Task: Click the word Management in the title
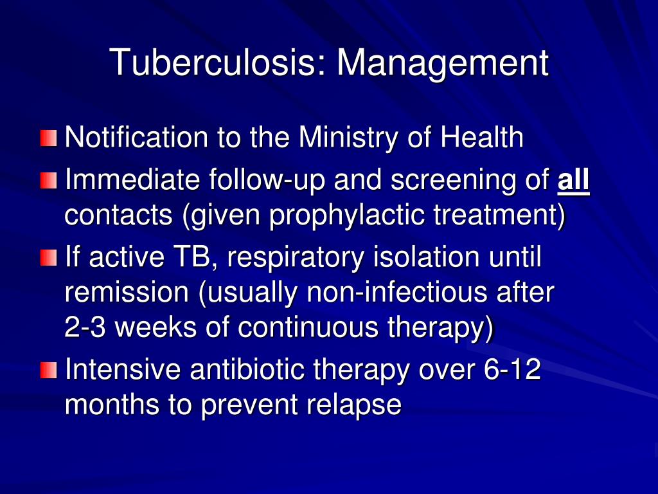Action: coord(443,63)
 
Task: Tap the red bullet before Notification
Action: coord(49,138)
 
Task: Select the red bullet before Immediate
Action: coord(49,181)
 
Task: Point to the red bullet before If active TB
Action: coord(49,259)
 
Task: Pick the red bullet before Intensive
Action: coord(49,370)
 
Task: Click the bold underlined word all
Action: coord(573,180)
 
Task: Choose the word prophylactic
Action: coord(348,216)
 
